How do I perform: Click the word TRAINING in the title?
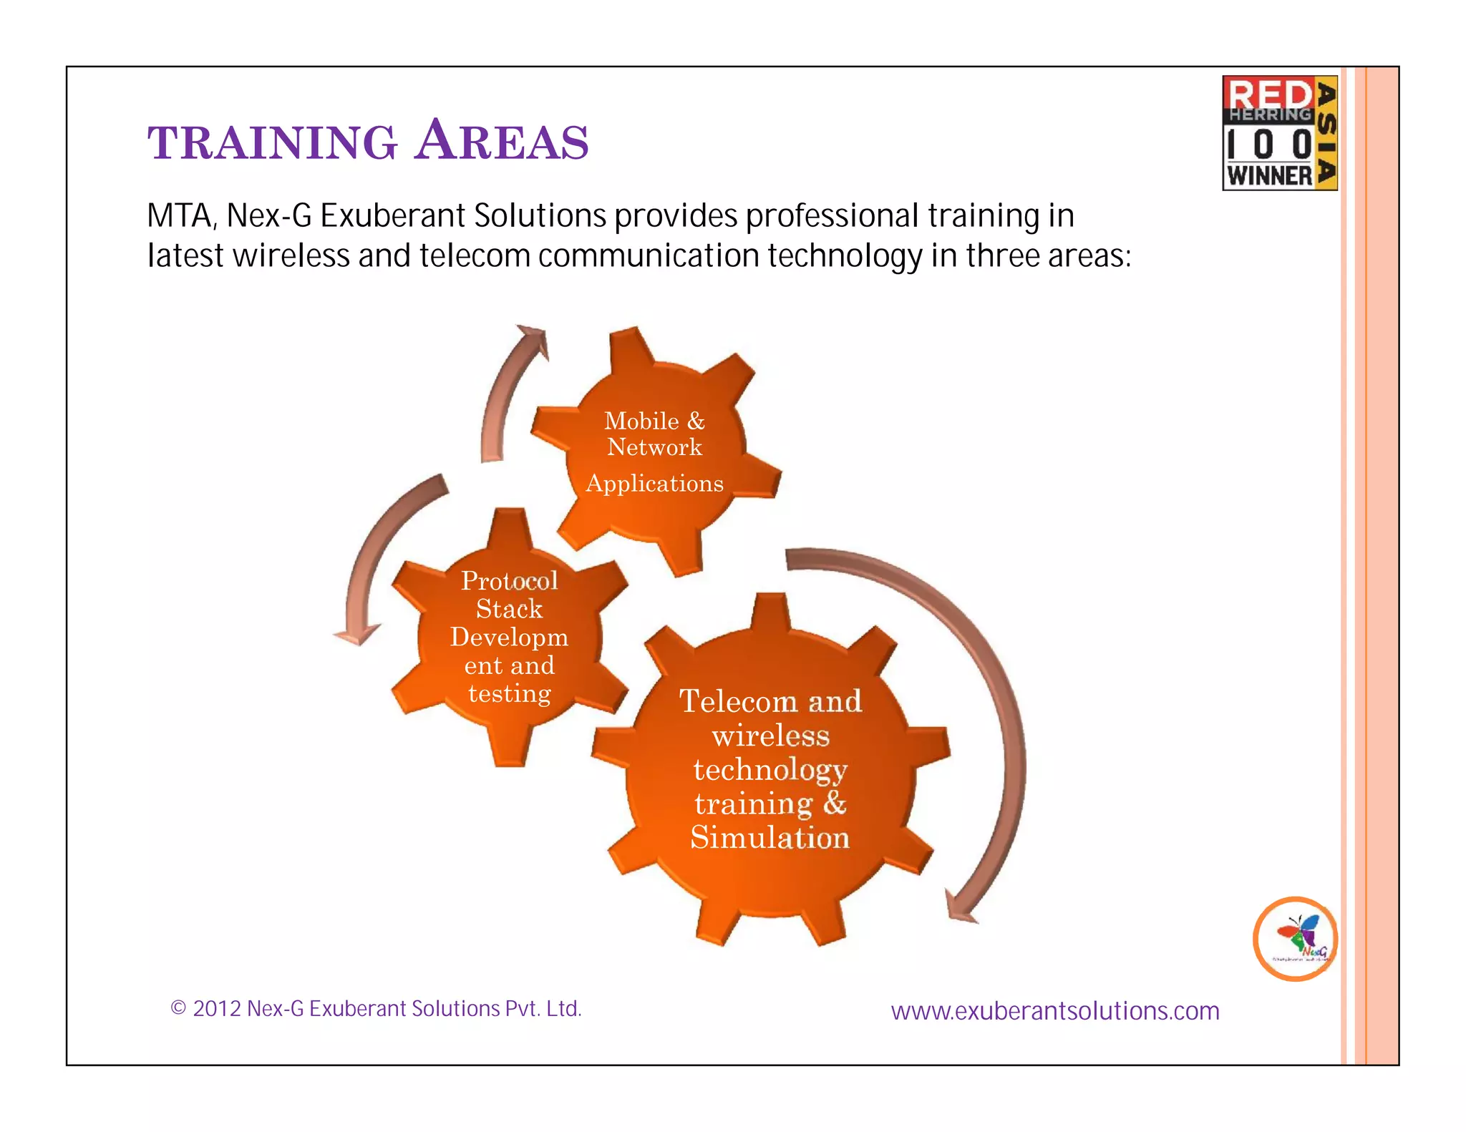click(272, 142)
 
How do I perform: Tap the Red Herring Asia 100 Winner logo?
click(1279, 133)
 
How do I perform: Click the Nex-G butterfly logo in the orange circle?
click(1295, 938)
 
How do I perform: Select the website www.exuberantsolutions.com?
click(1054, 1011)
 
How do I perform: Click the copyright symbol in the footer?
click(178, 1009)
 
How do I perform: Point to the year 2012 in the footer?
click(216, 1009)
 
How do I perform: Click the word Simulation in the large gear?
click(770, 838)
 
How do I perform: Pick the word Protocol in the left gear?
click(509, 581)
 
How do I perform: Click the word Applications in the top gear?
click(654, 484)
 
